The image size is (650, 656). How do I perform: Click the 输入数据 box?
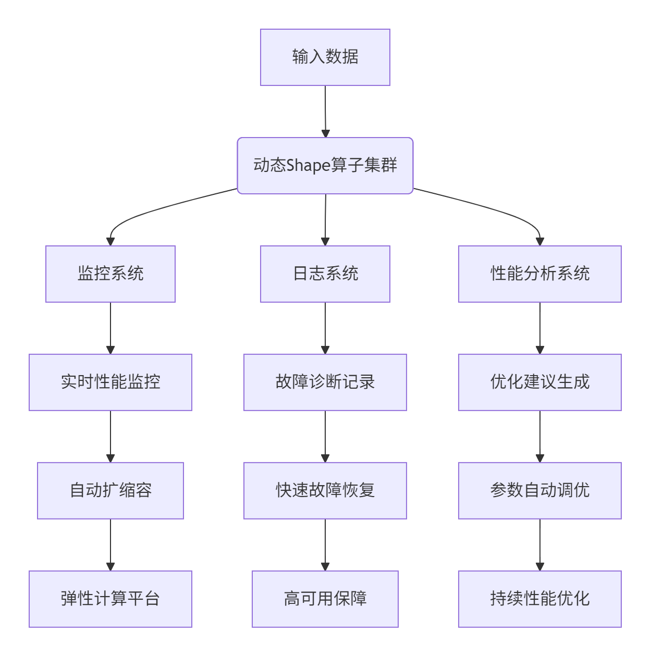point(325,57)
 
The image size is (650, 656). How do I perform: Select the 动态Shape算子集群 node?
point(325,166)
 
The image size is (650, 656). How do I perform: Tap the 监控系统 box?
point(111,274)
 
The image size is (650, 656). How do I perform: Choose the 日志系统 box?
point(325,274)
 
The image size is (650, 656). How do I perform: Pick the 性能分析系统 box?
point(539,274)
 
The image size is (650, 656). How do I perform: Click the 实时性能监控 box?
point(111,382)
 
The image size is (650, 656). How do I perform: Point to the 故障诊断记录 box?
point(325,382)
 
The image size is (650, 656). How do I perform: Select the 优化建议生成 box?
point(539,382)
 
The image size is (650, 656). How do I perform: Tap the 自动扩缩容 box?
point(111,490)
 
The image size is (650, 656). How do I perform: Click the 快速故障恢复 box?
point(325,490)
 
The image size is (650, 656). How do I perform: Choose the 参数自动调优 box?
point(539,490)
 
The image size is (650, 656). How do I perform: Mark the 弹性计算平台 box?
point(111,599)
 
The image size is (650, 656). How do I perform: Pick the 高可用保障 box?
point(325,599)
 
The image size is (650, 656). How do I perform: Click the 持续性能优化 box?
point(539,599)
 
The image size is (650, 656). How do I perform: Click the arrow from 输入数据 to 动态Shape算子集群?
point(325,112)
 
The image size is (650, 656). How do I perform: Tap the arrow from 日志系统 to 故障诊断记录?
point(325,328)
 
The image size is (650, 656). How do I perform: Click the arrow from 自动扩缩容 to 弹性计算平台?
point(111,544)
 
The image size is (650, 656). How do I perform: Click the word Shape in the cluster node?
point(308,166)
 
